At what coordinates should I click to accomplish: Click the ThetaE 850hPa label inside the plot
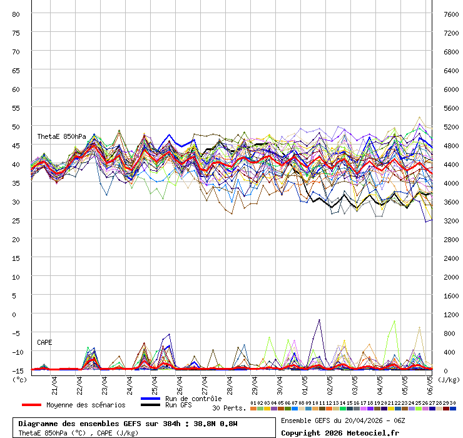61,136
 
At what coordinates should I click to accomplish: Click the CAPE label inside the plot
44,342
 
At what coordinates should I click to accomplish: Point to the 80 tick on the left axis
16,14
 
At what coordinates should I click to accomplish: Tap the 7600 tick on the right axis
451,14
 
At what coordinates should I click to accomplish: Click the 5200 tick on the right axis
451,126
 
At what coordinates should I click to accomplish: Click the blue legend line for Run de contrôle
151,399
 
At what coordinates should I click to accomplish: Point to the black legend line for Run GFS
151,405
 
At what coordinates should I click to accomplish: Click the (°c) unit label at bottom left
19,379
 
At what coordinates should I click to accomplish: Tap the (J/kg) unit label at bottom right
448,379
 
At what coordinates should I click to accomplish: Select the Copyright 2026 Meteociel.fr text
339,432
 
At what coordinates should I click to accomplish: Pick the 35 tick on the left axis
16,183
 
